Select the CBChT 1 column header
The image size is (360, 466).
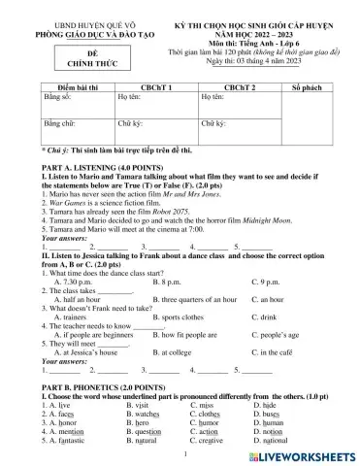pos(155,87)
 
